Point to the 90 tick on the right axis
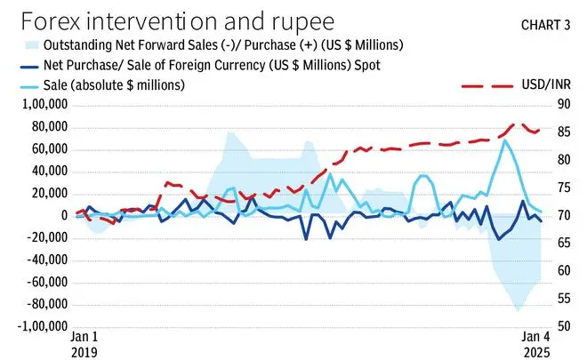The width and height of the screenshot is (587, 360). (563, 105)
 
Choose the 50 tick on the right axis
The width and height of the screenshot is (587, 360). (563, 326)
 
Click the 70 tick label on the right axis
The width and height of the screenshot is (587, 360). (563, 216)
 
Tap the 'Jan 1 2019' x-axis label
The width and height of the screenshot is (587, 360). (84, 345)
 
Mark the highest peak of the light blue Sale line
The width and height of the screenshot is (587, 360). (505, 140)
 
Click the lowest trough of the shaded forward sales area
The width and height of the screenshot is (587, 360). (518, 310)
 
